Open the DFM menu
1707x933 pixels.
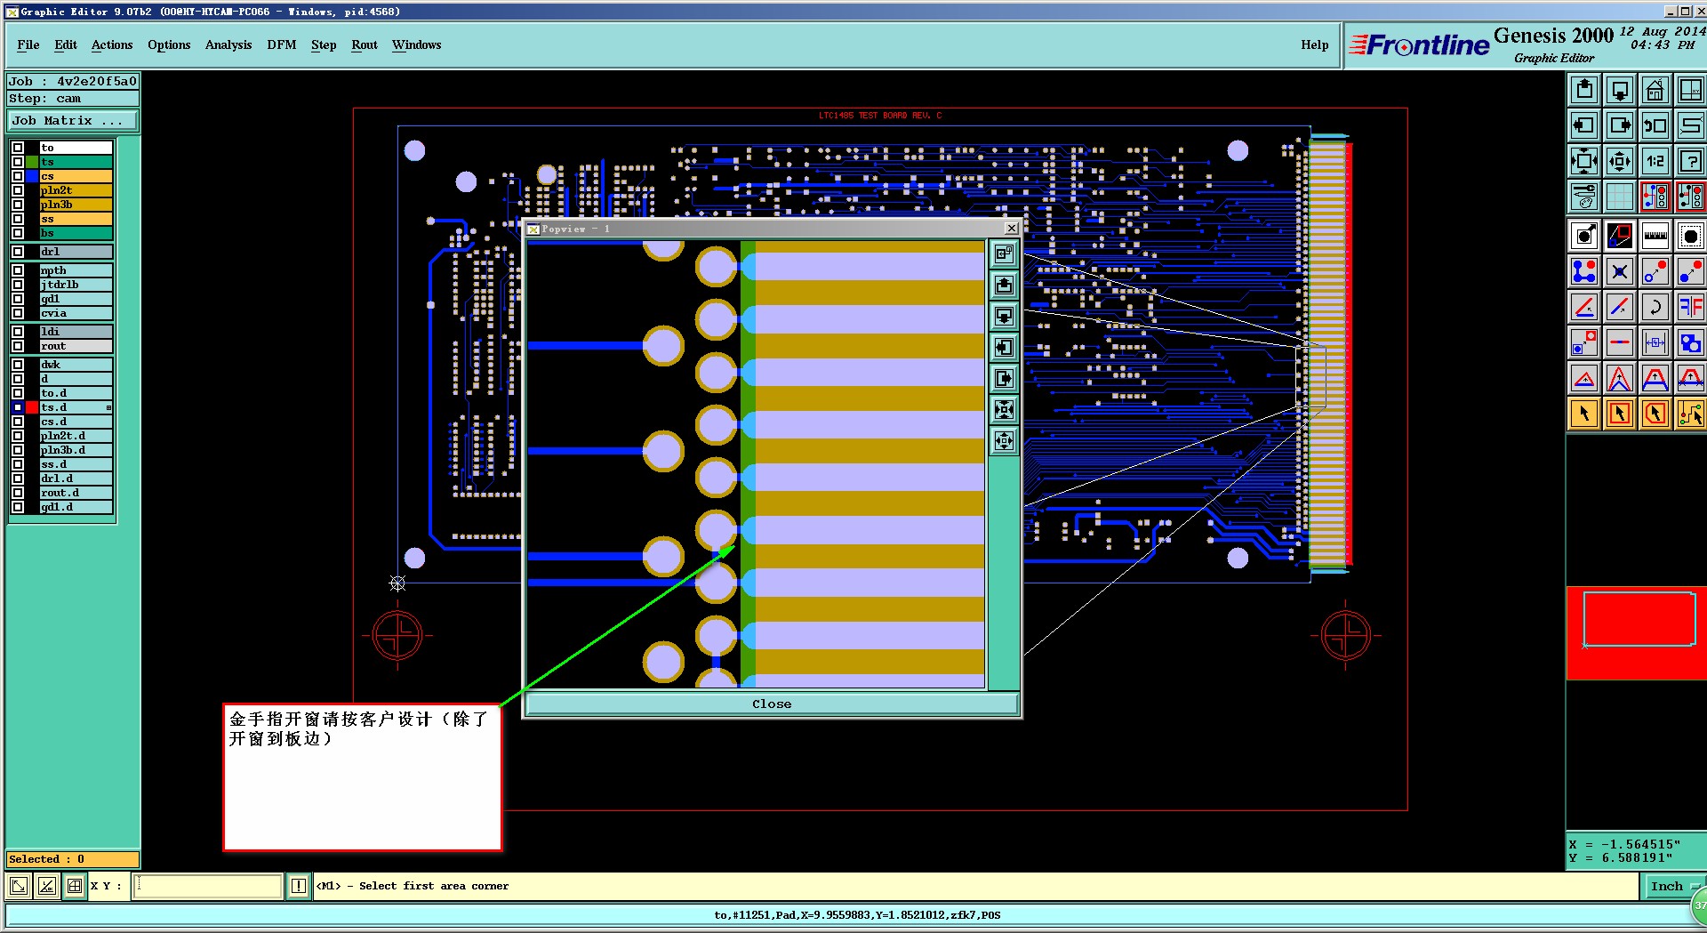[281, 44]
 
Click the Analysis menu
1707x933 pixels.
[228, 44]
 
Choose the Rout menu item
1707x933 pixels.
[364, 44]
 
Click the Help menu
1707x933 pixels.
[1314, 44]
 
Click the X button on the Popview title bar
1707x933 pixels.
[1011, 229]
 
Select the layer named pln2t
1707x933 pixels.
[76, 190]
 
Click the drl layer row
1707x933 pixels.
[76, 252]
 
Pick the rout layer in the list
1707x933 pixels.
[76, 346]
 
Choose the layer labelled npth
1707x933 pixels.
[76, 270]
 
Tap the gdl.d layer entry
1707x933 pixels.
[76, 507]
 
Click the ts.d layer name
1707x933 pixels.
[76, 407]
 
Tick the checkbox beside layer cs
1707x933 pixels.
[18, 176]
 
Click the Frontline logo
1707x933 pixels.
[1419, 44]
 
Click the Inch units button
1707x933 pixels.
[1666, 886]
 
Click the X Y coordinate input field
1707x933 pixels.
[208, 886]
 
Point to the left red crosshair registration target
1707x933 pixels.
[397, 635]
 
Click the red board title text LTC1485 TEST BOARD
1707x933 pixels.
[879, 116]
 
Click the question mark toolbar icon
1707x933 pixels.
[1690, 161]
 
